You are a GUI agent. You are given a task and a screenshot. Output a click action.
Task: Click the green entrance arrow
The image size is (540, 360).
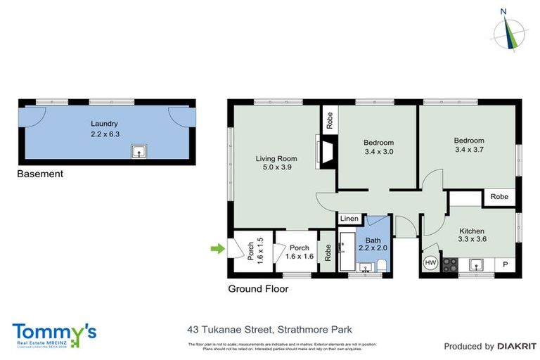pos(217,247)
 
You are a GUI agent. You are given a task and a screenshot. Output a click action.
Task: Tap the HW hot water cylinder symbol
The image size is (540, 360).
pos(430,264)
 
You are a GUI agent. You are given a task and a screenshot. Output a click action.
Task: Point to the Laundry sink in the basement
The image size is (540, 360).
pos(139,150)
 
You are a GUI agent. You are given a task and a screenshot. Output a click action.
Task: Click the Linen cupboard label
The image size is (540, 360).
pos(349,219)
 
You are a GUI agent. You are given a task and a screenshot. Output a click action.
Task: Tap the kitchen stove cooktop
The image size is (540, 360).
pos(449,265)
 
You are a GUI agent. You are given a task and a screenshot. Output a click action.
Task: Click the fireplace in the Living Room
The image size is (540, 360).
pos(326,153)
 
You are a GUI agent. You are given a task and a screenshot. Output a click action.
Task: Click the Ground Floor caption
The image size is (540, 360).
pos(258,288)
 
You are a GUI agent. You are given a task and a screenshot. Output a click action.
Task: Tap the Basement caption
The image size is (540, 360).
pos(40,174)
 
